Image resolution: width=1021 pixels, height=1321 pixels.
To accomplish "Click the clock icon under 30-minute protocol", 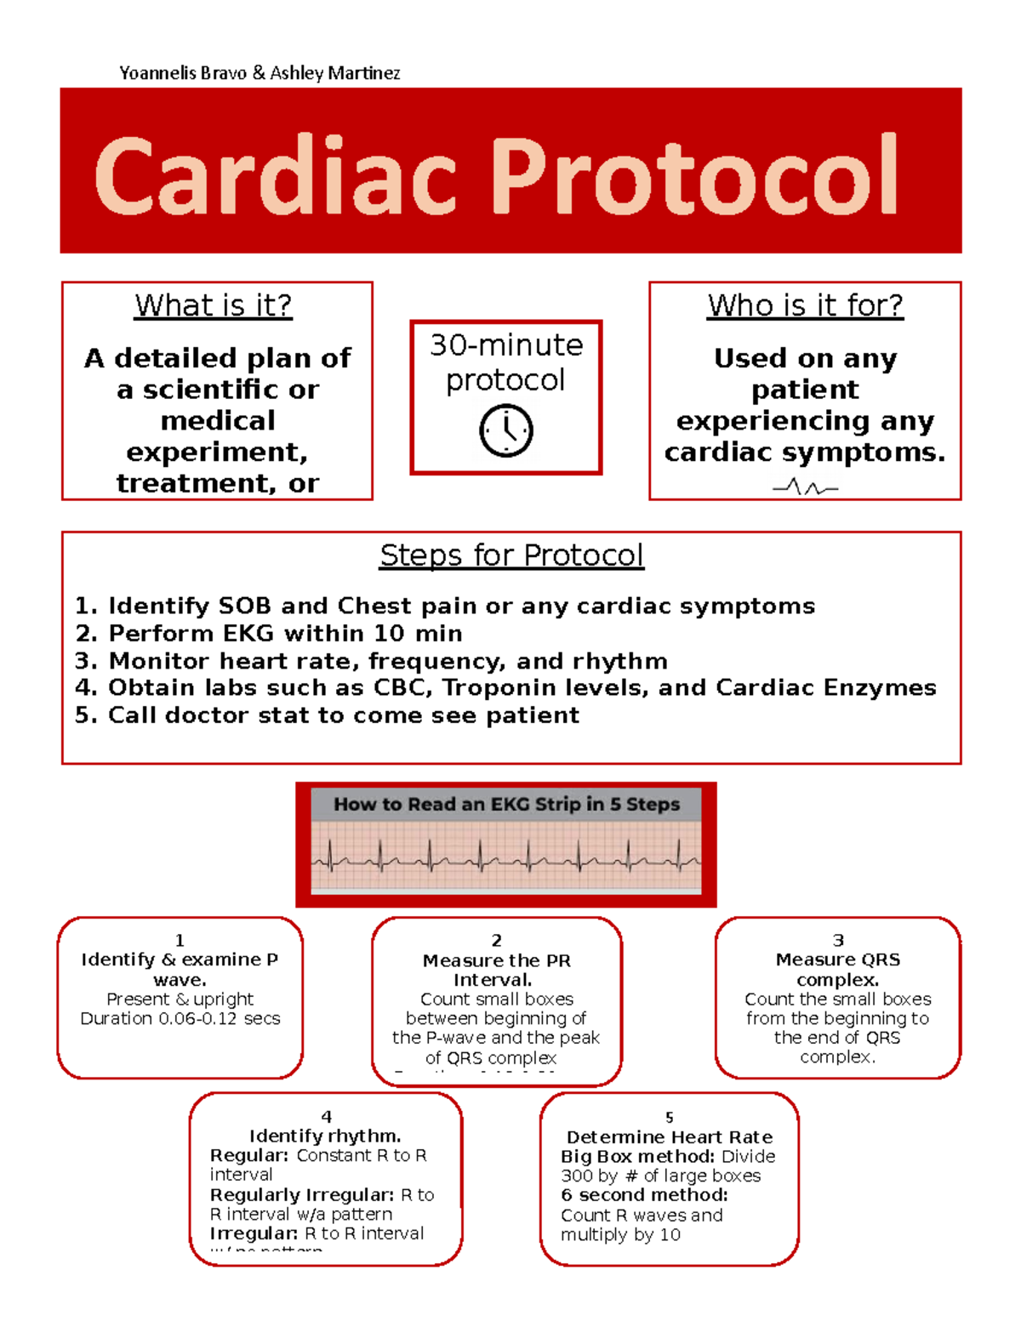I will [506, 430].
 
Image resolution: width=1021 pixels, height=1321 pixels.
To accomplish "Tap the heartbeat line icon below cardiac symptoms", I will [805, 487].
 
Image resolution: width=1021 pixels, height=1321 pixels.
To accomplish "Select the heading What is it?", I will [214, 305].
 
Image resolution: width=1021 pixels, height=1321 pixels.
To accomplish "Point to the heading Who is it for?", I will [805, 305].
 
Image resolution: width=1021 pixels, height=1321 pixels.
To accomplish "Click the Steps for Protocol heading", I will [511, 555].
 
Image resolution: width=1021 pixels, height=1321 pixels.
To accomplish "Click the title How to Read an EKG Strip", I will [506, 804].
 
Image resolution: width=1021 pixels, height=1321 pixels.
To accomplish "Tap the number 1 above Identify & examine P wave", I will [180, 940].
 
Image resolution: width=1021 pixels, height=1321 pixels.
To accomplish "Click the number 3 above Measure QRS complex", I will [838, 940].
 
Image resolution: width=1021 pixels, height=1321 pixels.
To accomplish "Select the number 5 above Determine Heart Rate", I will [670, 1117].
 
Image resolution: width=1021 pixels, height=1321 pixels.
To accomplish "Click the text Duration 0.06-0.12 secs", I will [180, 1018].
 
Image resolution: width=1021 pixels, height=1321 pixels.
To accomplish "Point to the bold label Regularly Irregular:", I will [302, 1195].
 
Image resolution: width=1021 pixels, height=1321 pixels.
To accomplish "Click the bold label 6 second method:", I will [644, 1195].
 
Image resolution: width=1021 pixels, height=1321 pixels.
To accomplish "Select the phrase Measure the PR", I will [497, 960].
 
